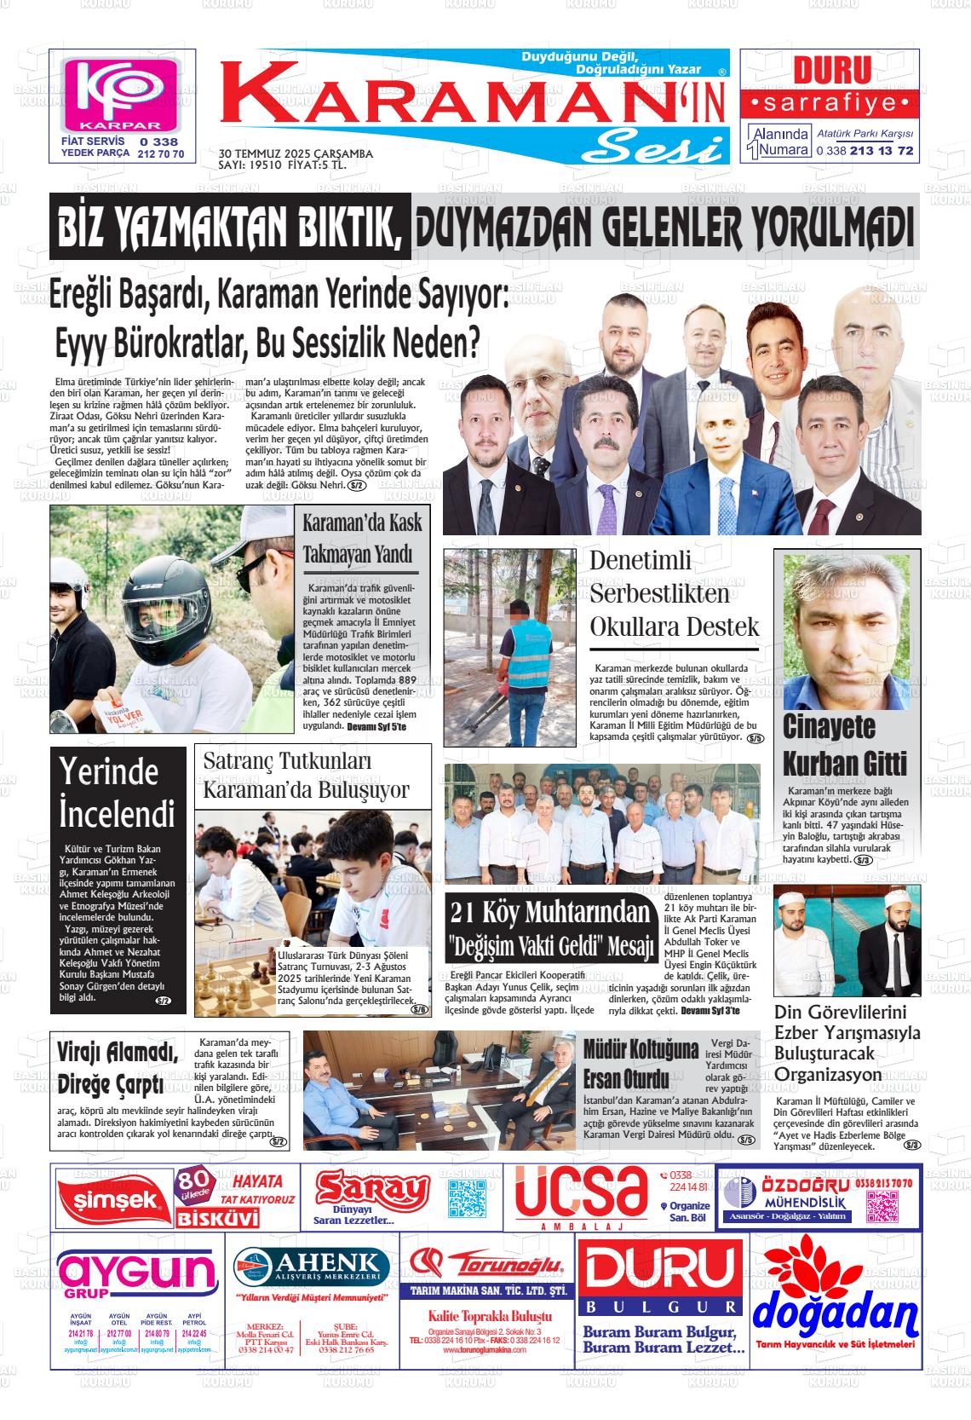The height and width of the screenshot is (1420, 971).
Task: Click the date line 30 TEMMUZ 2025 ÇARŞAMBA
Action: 296,153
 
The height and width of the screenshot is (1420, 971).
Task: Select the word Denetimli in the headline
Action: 641,561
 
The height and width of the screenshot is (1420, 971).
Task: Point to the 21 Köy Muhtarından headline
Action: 550,912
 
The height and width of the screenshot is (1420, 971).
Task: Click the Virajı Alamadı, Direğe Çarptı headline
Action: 118,1069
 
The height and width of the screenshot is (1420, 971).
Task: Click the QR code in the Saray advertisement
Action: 467,1198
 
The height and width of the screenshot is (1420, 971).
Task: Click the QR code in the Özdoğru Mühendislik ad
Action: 883,1206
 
